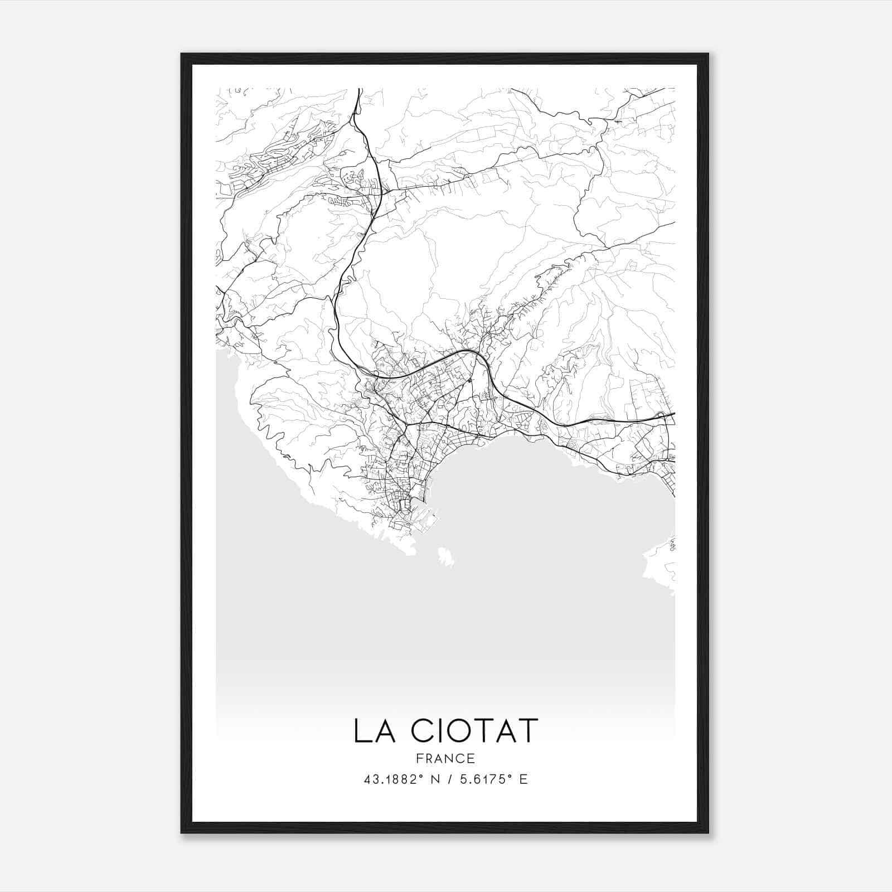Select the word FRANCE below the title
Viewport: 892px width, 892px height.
(x=445, y=758)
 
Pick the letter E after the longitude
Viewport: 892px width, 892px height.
(x=523, y=779)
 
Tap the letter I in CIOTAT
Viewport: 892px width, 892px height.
(x=434, y=731)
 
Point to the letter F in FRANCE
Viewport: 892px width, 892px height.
(x=419, y=758)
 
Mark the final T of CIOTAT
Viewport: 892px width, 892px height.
(x=529, y=731)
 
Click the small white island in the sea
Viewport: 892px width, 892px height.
(x=445, y=556)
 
